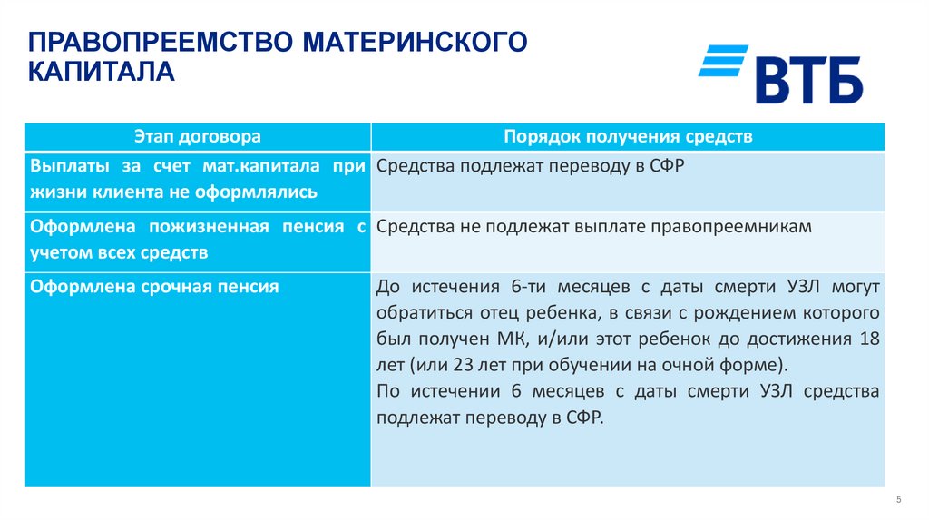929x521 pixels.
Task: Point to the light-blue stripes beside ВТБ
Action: click(x=722, y=60)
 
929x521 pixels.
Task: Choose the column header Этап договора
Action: click(x=198, y=137)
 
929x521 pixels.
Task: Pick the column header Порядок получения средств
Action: click(x=628, y=137)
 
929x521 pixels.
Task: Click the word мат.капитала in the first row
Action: click(x=262, y=166)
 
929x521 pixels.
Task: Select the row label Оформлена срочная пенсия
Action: click(x=154, y=287)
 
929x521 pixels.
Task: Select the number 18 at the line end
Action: click(x=869, y=339)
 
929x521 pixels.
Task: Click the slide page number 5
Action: click(x=898, y=499)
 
